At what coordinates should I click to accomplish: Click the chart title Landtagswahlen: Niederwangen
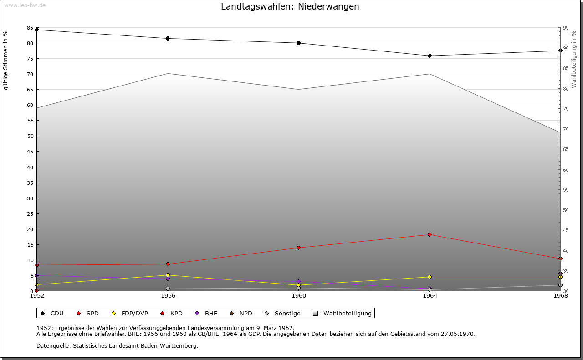click(290, 7)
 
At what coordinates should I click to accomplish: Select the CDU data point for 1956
click(168, 39)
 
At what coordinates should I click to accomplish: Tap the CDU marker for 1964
click(430, 56)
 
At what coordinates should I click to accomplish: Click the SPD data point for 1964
click(430, 235)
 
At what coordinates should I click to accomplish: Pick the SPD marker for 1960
click(298, 248)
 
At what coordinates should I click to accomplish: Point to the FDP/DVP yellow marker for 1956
click(168, 275)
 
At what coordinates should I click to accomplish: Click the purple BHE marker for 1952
click(36, 276)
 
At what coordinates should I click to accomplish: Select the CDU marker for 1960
click(298, 43)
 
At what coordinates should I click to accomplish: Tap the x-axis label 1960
click(299, 296)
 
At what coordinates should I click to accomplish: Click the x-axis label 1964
click(430, 296)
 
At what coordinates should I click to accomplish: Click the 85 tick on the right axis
click(565, 68)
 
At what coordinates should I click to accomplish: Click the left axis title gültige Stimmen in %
click(6, 60)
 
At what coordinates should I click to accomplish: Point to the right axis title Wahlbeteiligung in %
click(574, 60)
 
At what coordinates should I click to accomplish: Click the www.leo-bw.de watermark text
click(24, 5)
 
